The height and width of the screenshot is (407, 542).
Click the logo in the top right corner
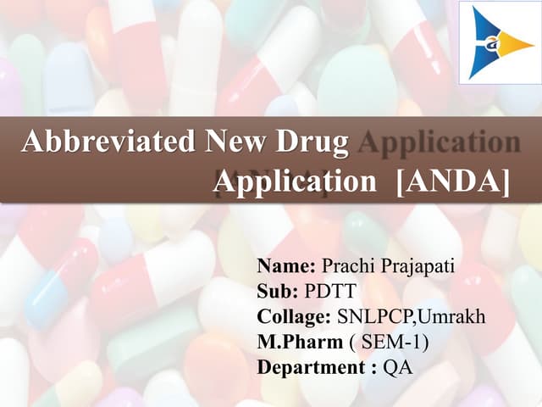coord(500,42)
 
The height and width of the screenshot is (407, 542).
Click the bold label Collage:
coord(294,318)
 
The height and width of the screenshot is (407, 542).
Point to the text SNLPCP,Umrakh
coord(412,318)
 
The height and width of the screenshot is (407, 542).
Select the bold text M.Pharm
coord(297,343)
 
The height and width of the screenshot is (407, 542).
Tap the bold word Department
coord(311,369)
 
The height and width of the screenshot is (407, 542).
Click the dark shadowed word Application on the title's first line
coord(439,142)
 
